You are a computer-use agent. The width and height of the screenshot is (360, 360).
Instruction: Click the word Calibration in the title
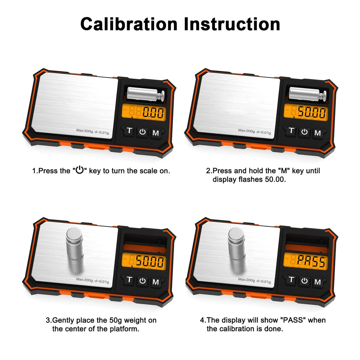point(129,24)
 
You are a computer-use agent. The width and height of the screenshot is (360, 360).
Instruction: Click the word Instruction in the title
point(232,24)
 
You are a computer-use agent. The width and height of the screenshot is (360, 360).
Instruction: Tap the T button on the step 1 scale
point(129,130)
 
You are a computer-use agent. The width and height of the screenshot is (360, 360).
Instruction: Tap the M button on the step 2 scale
point(318,133)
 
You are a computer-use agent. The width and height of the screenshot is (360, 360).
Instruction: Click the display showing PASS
point(306,261)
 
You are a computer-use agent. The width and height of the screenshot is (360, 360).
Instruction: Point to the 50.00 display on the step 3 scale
point(144,261)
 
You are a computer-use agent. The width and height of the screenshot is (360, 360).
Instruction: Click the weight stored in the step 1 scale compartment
point(146,94)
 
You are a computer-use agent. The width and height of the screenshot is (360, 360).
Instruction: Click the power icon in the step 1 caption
point(80,170)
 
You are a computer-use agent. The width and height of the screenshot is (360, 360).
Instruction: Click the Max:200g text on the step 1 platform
point(84,131)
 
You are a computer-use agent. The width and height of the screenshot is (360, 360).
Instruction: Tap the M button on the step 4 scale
point(318,282)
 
